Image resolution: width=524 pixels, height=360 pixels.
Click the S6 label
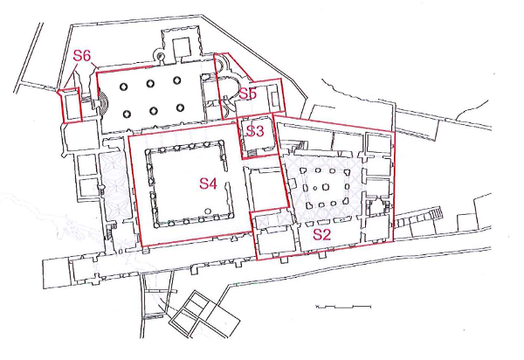(82, 56)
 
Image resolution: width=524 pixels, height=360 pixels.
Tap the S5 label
(248, 93)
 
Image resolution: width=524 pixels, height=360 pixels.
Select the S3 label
(255, 131)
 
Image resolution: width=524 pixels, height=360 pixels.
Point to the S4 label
(208, 183)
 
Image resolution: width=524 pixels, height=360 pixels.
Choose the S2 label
(321, 235)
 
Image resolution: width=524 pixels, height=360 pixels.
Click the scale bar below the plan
(343, 306)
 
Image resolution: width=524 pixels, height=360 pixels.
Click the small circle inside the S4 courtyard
(208, 211)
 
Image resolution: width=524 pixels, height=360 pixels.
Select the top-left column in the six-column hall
(124, 87)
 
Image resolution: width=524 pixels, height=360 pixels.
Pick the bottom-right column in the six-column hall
(180, 108)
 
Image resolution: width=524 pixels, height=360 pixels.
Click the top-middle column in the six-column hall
(150, 83)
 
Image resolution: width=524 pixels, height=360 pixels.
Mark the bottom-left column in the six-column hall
(127, 114)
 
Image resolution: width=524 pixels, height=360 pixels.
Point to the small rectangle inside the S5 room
(275, 98)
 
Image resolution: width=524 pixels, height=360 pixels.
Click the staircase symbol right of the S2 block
(436, 212)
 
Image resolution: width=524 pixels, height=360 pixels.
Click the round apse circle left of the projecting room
(161, 56)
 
